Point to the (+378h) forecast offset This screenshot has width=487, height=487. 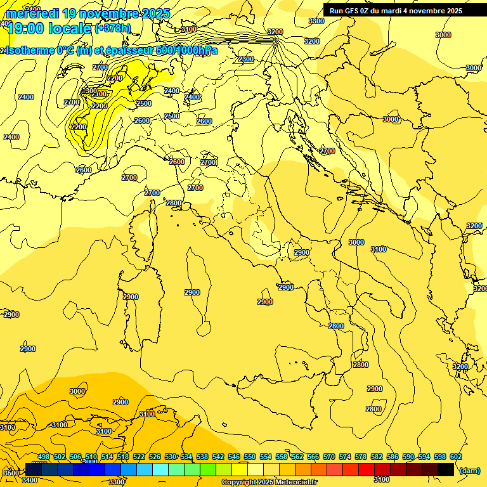pyautogui.click(x=113, y=28)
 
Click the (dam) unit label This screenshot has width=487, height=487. pyautogui.click(x=469, y=470)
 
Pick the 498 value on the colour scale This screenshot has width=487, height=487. pyautogui.click(x=44, y=457)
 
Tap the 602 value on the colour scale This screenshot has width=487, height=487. pyautogui.click(x=456, y=457)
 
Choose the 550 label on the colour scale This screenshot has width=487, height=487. pyautogui.click(x=250, y=457)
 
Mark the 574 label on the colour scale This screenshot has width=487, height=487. pyautogui.click(x=345, y=457)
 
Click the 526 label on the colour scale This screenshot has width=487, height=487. pyautogui.click(x=155, y=457)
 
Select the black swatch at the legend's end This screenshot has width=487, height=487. pyautogui.click(x=446, y=470)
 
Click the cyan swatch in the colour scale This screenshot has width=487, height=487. pyautogui.click(x=160, y=470)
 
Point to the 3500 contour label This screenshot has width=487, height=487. pyautogui.click(x=11, y=473)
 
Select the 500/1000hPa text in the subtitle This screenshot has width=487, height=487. pyautogui.click(x=186, y=50)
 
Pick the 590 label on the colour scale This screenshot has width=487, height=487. pyautogui.click(x=408, y=457)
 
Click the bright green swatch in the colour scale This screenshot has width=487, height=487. pyautogui.click(x=208, y=470)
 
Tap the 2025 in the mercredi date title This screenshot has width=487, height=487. pyautogui.click(x=153, y=13)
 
